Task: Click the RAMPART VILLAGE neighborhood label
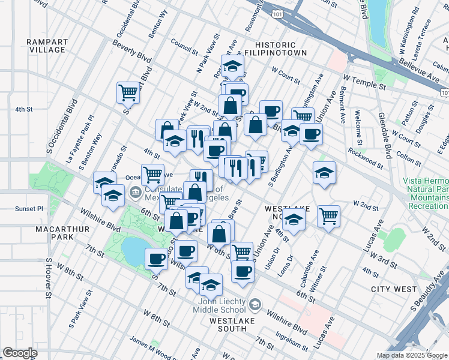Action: click(46, 46)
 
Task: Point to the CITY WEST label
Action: click(393, 289)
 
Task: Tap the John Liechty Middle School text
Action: click(219, 305)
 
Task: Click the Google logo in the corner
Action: click(20, 353)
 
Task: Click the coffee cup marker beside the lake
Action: click(157, 258)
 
